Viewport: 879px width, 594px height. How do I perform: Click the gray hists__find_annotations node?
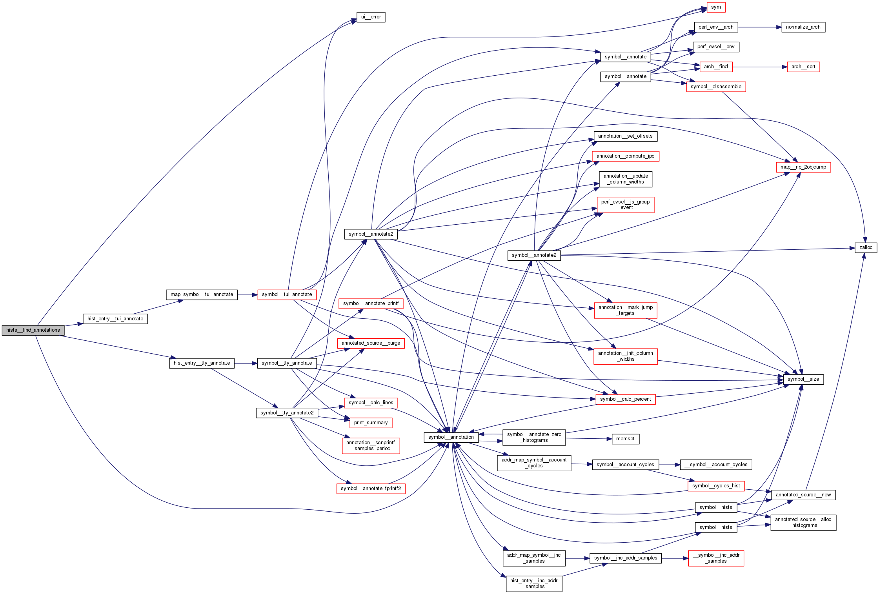coord(33,330)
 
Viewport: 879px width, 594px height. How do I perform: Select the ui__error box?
coord(371,17)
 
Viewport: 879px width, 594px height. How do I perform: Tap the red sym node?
coord(716,7)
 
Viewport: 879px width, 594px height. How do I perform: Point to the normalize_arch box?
coord(803,27)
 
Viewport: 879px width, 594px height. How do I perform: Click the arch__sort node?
coord(803,67)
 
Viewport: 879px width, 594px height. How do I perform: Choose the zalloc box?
coord(866,247)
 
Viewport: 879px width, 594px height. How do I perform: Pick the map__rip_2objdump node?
coord(803,167)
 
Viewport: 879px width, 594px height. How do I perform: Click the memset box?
coord(625,439)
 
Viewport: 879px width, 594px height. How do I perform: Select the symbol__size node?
coord(803,379)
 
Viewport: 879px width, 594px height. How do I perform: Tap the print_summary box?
coord(371,423)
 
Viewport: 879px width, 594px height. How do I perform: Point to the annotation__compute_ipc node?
coord(625,156)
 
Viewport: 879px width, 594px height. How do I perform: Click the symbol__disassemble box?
coord(716,87)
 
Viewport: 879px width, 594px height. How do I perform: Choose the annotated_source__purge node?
coord(371,343)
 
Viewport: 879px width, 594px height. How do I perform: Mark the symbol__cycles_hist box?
coord(716,486)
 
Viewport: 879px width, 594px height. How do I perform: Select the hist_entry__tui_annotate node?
coord(115,319)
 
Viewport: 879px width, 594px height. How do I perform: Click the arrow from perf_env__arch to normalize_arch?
coord(759,27)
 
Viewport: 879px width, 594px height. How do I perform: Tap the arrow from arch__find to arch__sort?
coord(759,67)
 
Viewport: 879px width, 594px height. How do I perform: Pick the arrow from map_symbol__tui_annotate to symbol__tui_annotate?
coord(247,294)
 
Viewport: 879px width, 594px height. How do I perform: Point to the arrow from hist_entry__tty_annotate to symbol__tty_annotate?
coord(246,363)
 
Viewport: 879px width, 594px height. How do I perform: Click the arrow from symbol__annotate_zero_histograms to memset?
coord(588,438)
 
